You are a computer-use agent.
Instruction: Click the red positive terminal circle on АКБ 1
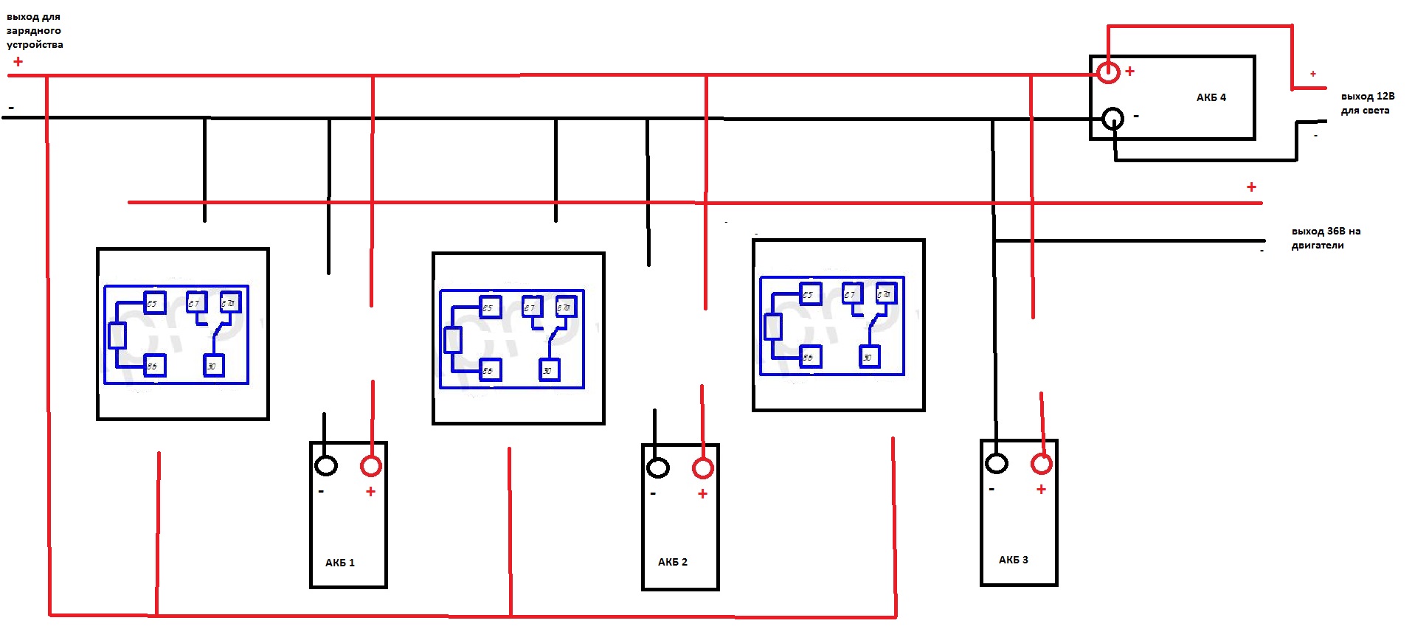371,466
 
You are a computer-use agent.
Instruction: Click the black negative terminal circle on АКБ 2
658,468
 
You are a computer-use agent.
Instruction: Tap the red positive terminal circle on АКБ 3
1042,464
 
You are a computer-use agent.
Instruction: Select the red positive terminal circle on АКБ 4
1108,72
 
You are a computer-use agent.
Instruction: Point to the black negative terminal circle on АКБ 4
1113,118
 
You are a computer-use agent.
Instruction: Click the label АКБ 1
340,563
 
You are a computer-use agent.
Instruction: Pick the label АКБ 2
673,562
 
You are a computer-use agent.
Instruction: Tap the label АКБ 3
1014,560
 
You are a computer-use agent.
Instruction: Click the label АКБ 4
1211,97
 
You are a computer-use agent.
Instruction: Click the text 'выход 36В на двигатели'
1326,238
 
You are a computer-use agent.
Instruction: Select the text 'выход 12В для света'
1367,103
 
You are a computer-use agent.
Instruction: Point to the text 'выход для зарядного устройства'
34,30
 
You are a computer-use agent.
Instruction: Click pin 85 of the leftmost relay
153,303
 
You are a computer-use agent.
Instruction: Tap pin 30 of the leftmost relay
213,366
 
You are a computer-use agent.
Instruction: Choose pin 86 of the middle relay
489,370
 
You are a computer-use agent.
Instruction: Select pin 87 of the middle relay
531,307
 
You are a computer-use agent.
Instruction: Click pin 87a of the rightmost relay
885,294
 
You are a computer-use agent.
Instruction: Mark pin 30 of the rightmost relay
869,358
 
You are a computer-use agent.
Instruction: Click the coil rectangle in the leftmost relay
117,336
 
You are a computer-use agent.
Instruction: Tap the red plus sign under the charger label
18,62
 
